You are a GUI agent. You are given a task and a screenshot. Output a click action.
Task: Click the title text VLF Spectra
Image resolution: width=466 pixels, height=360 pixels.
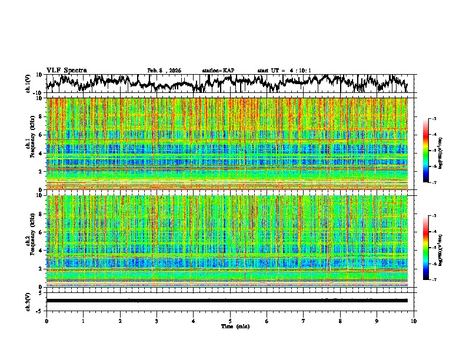pyautogui.click(x=66, y=70)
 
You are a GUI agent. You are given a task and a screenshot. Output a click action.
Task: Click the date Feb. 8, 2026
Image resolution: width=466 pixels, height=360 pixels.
pyautogui.click(x=164, y=71)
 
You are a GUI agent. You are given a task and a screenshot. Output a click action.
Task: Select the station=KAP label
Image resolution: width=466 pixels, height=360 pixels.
pyautogui.click(x=218, y=71)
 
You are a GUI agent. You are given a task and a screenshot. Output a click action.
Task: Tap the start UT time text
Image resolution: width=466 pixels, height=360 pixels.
pyautogui.click(x=284, y=71)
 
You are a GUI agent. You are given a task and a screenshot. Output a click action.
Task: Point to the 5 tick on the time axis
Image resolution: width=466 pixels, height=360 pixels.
pyautogui.click(x=230, y=321)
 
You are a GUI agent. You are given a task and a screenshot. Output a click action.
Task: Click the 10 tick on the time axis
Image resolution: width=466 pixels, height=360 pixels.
pyautogui.click(x=414, y=321)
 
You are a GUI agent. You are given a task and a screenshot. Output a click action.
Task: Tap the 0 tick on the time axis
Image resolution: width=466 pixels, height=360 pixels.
pyautogui.click(x=46, y=321)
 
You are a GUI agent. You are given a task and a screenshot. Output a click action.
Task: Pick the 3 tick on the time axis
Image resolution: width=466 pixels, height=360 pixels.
pyautogui.click(x=157, y=321)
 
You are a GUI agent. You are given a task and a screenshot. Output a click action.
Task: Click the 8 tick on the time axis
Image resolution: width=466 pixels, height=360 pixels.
pyautogui.click(x=340, y=321)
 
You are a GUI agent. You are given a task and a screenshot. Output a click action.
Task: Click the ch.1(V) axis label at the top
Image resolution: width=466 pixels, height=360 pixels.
pyautogui.click(x=28, y=84)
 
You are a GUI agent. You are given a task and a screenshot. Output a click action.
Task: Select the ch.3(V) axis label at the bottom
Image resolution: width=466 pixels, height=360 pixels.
pyautogui.click(x=28, y=300)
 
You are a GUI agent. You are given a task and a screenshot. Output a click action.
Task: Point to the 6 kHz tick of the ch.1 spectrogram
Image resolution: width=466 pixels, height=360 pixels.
pyautogui.click(x=41, y=135)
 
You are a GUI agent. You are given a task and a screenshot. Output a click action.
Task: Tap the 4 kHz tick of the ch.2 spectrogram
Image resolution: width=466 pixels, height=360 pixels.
pyautogui.click(x=41, y=251)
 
